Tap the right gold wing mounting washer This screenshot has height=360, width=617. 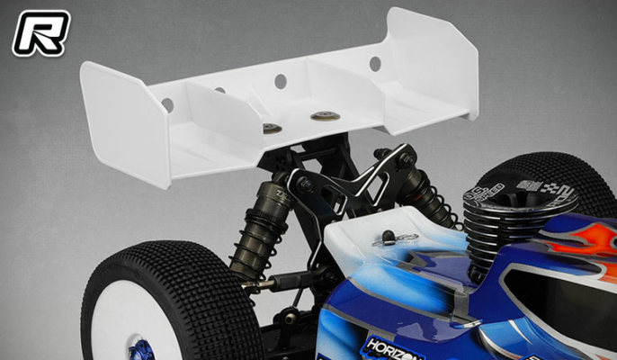click(x=321, y=116)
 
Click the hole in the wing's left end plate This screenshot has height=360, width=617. click(x=167, y=105)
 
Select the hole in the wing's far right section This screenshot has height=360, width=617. click(x=374, y=64)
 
